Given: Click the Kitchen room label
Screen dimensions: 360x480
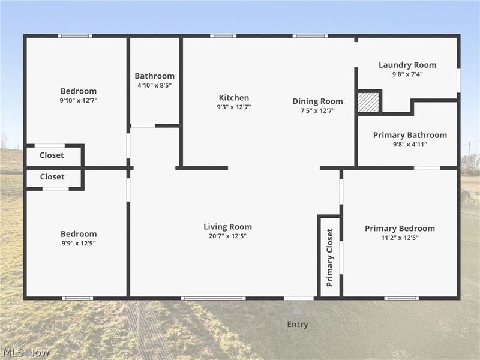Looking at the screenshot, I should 233,98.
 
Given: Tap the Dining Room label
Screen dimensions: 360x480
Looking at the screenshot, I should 317,101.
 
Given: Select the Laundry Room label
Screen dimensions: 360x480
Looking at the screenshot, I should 407,65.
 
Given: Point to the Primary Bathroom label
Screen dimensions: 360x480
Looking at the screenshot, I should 410,135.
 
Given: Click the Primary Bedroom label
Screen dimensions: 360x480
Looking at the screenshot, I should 400,229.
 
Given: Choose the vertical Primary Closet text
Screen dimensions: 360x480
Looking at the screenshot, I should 330,257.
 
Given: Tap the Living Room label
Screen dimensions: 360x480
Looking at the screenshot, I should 227,227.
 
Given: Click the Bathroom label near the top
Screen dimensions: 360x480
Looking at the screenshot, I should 154,76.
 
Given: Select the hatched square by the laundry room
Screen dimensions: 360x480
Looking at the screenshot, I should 368,102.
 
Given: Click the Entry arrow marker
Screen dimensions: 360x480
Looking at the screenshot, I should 298,311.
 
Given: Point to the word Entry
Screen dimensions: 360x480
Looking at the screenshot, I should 298,325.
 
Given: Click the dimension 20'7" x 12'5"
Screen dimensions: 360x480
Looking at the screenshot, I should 227,236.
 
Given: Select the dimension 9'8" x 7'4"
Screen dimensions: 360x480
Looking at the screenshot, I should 407,74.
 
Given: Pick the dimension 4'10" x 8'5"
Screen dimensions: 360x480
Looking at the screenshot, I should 154,86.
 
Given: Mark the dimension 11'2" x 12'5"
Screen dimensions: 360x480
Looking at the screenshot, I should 400,238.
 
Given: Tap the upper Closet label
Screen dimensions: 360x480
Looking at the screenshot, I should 52,155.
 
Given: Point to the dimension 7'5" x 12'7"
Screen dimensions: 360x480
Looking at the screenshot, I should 317,111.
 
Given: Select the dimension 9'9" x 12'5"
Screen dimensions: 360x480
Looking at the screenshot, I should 78,244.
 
